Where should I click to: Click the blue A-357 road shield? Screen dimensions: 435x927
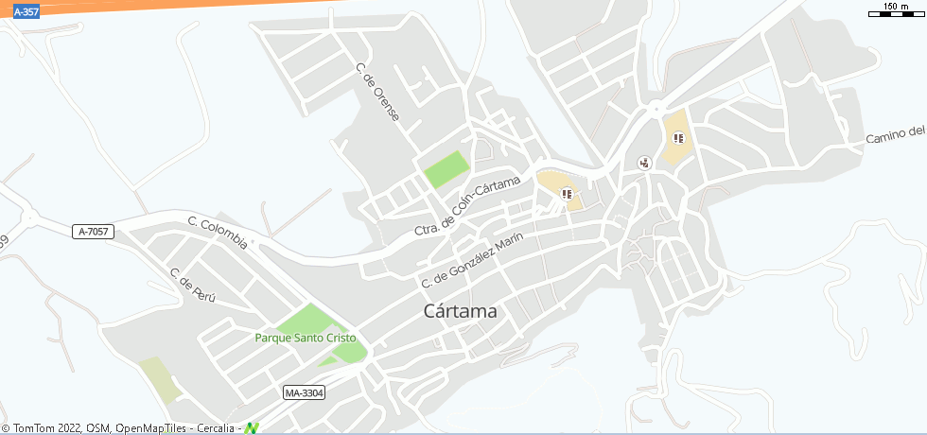point(26,12)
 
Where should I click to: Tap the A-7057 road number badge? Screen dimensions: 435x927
point(93,231)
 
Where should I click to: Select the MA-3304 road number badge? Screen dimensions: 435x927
point(304,391)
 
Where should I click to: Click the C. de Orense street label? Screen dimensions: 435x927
point(377,92)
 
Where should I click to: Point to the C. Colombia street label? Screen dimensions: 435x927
point(218,233)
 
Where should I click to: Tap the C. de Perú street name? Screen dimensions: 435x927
point(192,285)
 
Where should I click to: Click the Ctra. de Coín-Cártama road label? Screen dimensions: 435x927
point(467,206)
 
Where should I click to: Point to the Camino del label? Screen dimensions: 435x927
point(894,135)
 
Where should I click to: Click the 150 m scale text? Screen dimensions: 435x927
point(896,7)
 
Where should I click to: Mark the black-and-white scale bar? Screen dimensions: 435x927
point(895,15)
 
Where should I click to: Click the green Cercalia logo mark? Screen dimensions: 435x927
point(251,427)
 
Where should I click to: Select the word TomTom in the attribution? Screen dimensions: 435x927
point(34,427)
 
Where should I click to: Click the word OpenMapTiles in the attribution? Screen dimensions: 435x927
point(151,427)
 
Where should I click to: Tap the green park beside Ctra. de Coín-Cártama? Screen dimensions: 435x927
point(446,168)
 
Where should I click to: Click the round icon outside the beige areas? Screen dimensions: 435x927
point(645,162)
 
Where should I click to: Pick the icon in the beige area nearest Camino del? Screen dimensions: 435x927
point(677,138)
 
